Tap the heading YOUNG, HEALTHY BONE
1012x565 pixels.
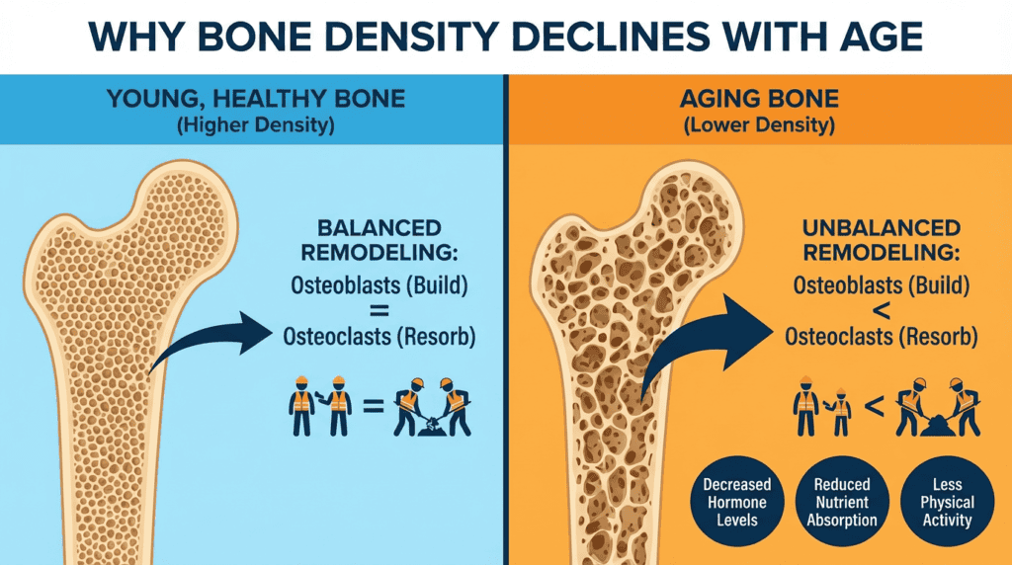(256, 99)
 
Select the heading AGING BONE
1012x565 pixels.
(759, 99)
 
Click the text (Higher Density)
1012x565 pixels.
(256, 124)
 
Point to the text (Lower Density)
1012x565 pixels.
(759, 124)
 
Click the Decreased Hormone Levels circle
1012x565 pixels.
(737, 502)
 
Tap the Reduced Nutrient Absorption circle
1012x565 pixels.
(842, 502)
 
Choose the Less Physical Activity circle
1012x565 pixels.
(947, 502)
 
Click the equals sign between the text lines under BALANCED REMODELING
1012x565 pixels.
(379, 311)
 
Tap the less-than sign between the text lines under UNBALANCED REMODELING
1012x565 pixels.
(881, 311)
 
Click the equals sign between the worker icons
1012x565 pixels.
(374, 406)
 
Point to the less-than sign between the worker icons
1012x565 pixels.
(874, 406)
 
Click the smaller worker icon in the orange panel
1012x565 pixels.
(840, 412)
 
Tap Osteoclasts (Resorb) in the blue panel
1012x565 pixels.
(379, 336)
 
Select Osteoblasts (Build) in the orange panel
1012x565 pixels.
(881, 285)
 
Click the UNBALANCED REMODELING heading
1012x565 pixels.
(881, 240)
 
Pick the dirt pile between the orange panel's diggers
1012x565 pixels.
(938, 427)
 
